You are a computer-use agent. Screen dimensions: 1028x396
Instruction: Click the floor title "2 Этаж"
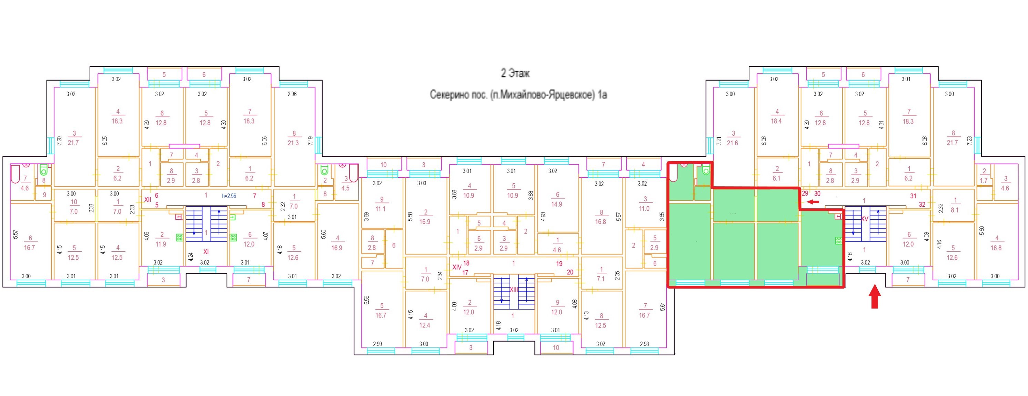coord(515,73)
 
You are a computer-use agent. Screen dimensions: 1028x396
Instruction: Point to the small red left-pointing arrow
coord(813,202)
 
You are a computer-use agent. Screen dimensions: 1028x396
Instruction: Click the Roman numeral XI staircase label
coord(206,252)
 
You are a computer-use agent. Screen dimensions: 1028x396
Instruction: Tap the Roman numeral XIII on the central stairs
coord(514,290)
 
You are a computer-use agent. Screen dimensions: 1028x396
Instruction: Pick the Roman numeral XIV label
coord(456,267)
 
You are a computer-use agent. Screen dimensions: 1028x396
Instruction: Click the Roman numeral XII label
coord(148,199)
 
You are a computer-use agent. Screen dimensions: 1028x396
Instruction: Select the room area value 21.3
coord(293,143)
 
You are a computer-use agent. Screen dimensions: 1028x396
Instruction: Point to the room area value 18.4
coord(776,121)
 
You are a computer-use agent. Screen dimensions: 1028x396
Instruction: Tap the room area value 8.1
coord(955,210)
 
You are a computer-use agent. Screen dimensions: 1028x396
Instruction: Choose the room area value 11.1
coord(381,209)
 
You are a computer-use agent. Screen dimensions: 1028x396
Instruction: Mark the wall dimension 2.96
coord(292,94)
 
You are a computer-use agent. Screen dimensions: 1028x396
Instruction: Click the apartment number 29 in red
coord(805,194)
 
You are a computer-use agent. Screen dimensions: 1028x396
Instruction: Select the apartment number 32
coord(922,205)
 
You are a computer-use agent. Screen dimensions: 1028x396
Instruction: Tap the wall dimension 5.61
coord(663,307)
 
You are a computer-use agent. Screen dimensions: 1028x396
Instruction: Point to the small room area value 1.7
coord(984,181)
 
